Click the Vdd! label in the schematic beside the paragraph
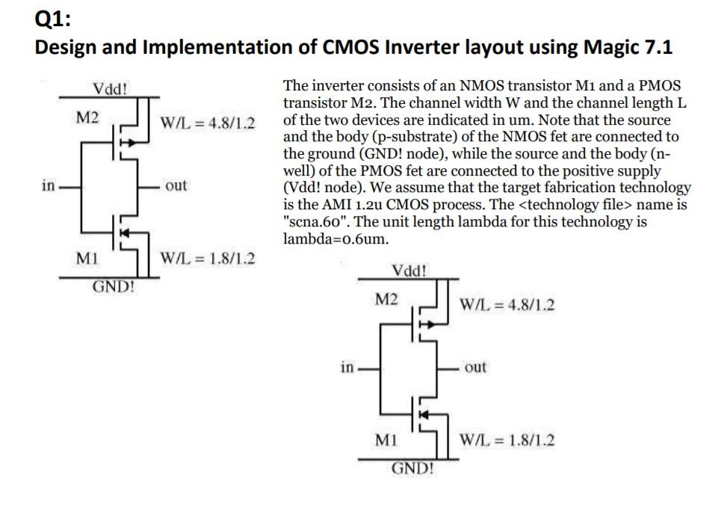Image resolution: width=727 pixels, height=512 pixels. (110, 88)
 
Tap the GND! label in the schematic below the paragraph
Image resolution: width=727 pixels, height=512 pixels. (412, 469)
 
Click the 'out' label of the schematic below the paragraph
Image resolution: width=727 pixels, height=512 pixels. (475, 367)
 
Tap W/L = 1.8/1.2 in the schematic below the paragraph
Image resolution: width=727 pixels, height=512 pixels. (507, 439)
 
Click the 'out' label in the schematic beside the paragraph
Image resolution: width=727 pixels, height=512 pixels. (176, 185)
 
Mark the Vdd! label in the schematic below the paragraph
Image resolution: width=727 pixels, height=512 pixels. (409, 270)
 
